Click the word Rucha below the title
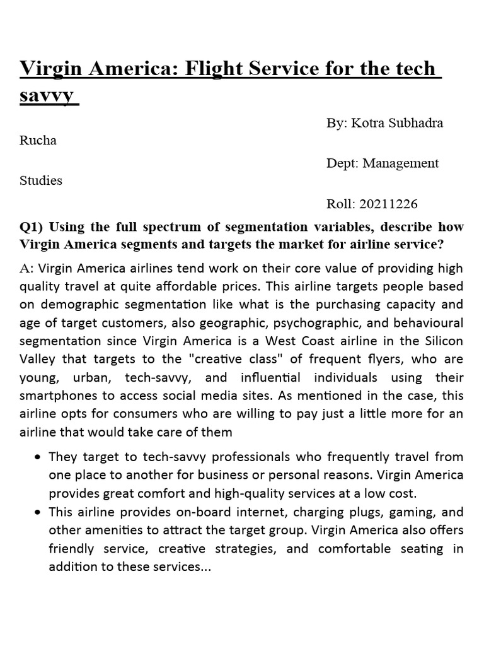pyautogui.click(x=38, y=141)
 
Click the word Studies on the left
pyautogui.click(x=41, y=180)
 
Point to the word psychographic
pyautogui.click(x=298, y=323)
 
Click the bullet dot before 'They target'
pyautogui.click(x=40, y=457)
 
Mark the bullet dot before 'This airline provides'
pyautogui.click(x=40, y=512)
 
